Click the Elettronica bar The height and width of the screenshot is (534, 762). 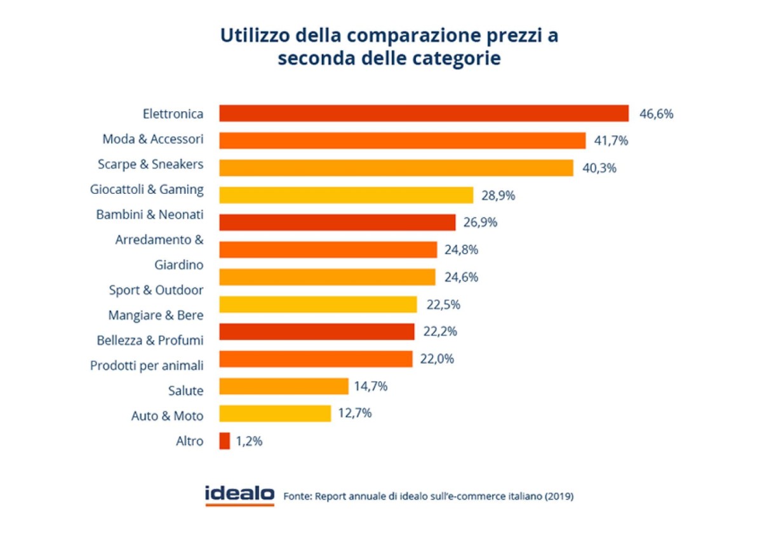pos(424,114)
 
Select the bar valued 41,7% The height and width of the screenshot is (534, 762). pos(402,140)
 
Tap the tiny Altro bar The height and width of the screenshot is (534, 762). pos(224,441)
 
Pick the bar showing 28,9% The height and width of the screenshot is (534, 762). pos(346,195)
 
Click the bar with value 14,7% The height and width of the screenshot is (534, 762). pos(284,386)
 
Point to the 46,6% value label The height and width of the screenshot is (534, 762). pos(656,114)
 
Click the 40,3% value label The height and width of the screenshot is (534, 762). pos(599,168)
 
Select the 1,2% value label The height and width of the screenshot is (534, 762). pos(249,441)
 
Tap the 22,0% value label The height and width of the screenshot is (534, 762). pos(437,359)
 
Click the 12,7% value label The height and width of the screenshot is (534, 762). pos(356,413)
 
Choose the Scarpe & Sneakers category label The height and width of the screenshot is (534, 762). pos(150,164)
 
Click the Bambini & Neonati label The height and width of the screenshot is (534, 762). pos(150,215)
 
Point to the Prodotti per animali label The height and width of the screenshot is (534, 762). pos(147,366)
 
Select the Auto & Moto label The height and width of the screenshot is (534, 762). pos(167,416)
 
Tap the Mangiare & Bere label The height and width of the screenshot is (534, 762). pos(156,315)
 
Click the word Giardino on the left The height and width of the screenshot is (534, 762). pos(178,264)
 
